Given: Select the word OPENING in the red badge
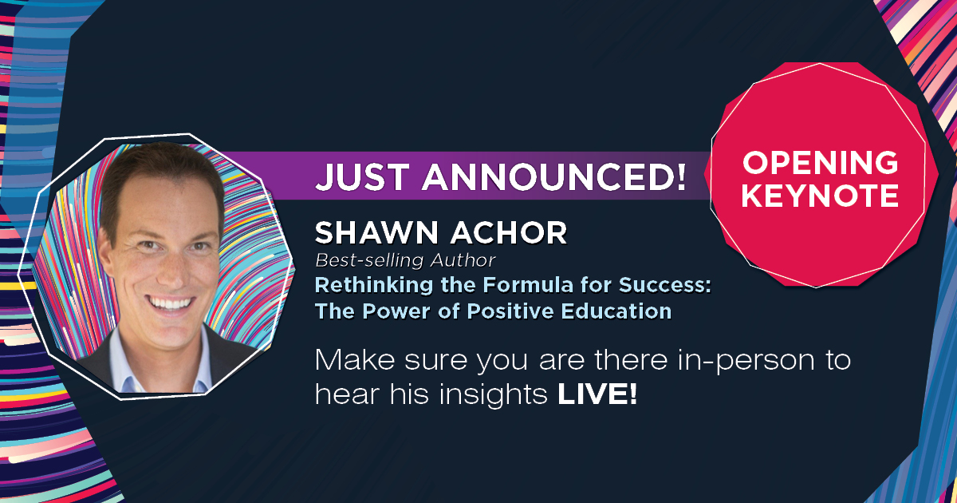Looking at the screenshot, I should (820, 162).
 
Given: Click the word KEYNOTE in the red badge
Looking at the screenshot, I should (820, 194).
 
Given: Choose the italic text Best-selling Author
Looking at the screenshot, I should (405, 259).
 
